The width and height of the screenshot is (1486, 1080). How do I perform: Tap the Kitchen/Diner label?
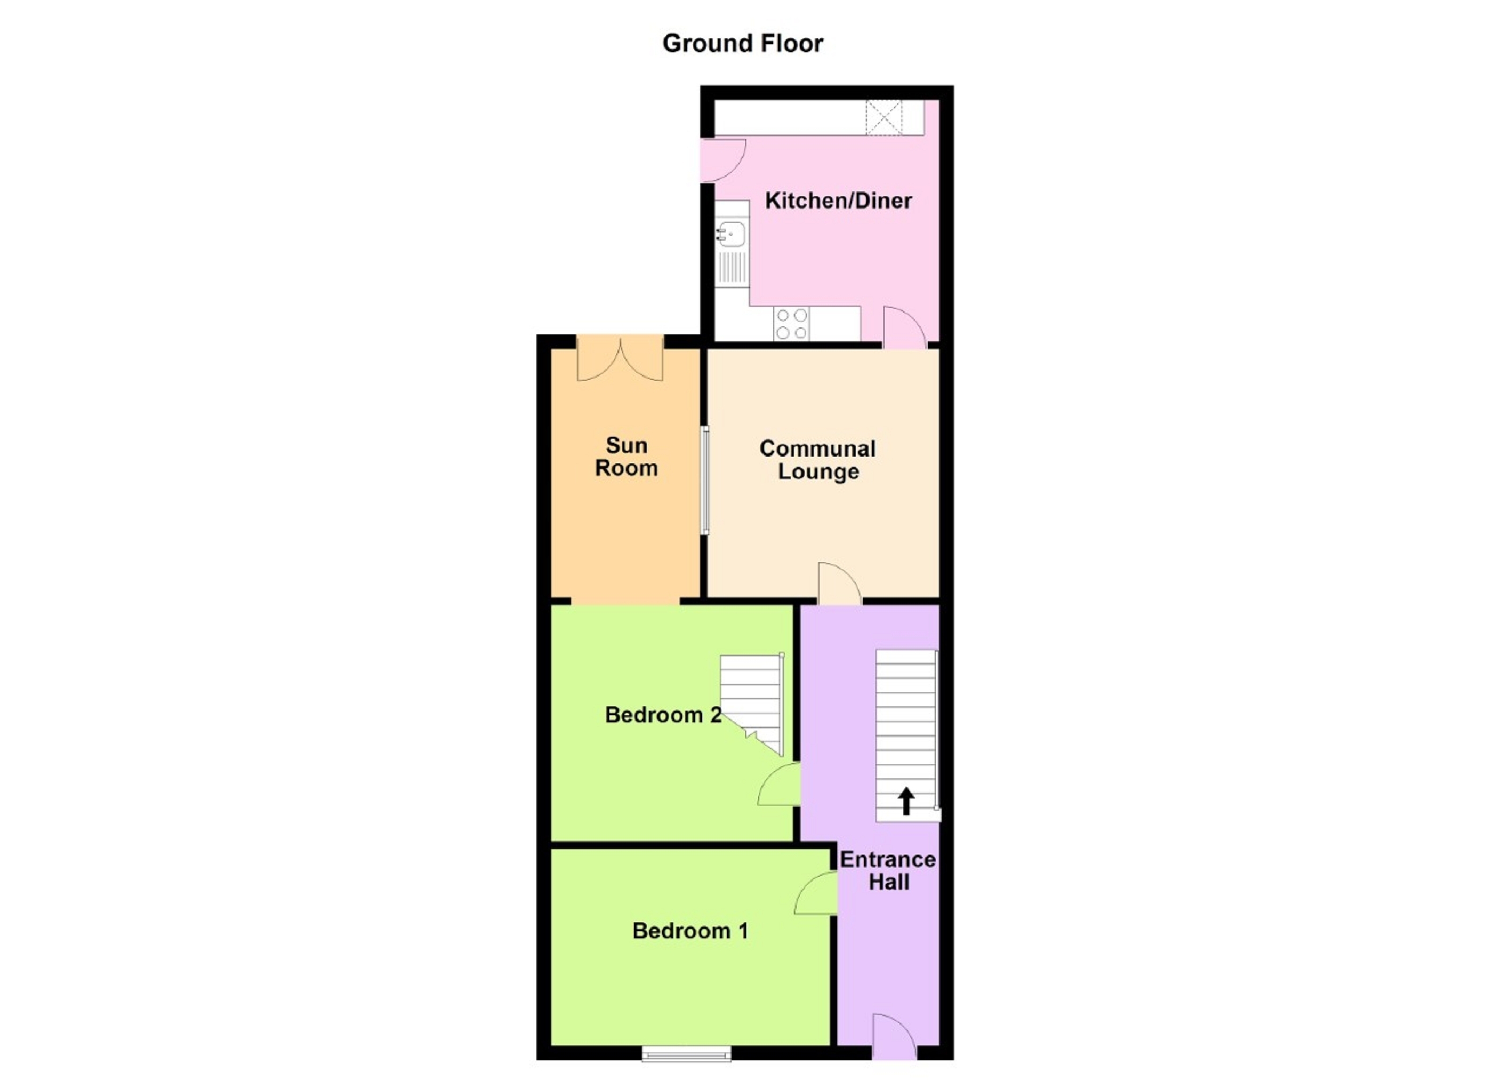[838, 201]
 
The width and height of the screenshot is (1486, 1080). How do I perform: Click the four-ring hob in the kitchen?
[791, 324]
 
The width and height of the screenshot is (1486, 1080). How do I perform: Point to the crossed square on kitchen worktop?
[884, 118]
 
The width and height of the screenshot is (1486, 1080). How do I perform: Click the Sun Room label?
[626, 457]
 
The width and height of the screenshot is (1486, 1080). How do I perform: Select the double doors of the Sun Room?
[619, 358]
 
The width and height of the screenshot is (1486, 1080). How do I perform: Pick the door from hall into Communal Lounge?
[839, 583]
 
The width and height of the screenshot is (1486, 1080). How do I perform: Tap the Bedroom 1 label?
[690, 931]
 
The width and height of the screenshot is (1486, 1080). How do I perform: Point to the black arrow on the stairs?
[905, 801]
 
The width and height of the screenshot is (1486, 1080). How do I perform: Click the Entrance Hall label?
[888, 870]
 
